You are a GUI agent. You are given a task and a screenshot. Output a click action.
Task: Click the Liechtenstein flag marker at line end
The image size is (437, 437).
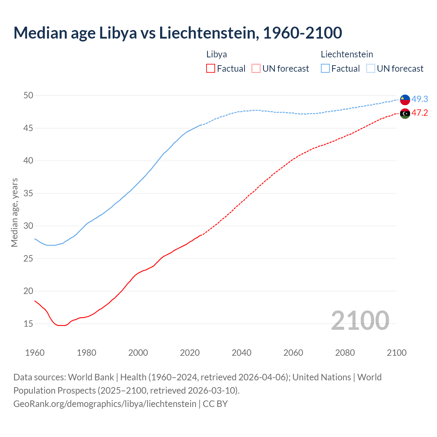pos(405,99)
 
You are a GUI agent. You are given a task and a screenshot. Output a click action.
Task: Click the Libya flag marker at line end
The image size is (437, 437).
pos(405,113)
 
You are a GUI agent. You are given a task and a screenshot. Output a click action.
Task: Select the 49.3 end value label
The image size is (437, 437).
pos(420,99)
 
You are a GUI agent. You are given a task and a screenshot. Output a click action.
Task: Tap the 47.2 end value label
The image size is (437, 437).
pos(420,113)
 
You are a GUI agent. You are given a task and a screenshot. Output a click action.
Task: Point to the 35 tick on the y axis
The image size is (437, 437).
pos(28,194)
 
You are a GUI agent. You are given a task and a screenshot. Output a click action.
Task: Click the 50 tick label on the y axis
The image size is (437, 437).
pos(28,96)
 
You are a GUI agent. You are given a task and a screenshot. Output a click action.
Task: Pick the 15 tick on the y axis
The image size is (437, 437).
pos(28,324)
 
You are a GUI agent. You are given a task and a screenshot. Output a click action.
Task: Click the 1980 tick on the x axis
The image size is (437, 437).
pos(86,353)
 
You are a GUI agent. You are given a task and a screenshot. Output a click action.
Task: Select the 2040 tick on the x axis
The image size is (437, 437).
pos(241,353)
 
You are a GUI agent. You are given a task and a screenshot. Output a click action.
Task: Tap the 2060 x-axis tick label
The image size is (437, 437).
pos(293,353)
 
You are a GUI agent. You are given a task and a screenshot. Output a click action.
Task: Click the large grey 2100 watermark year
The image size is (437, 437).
pos(360,320)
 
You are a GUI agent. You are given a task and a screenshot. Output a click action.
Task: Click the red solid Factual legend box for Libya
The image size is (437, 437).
pos(211,69)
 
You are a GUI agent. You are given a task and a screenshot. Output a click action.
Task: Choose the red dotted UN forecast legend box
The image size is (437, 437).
pos(256,69)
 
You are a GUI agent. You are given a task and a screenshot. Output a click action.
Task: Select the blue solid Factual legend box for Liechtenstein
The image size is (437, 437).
pos(325,69)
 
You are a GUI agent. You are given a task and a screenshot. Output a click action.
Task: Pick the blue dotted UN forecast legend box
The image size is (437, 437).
pos(370,69)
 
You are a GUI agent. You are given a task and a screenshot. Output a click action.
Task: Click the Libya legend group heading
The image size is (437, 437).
pos(216,54)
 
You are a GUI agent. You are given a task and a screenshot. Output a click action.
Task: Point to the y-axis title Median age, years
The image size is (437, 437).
pos(14,212)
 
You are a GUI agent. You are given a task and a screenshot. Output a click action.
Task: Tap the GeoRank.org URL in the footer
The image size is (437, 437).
pos(105,404)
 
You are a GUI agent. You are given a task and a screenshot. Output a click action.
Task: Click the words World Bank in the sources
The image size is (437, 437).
pos(91,377)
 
